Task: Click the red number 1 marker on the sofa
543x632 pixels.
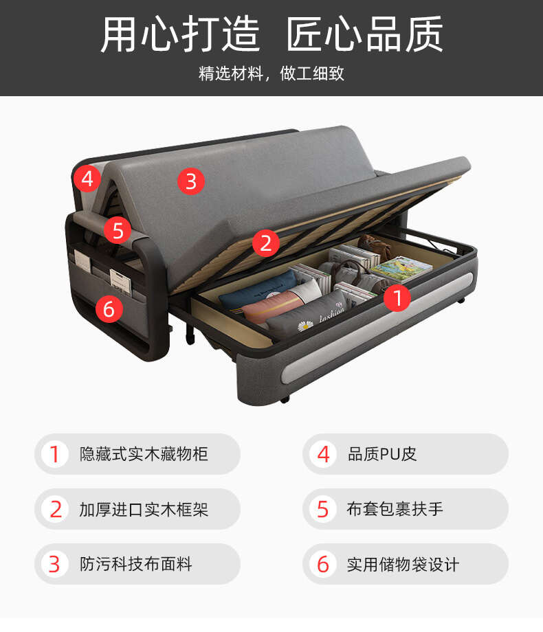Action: pyautogui.click(x=397, y=298)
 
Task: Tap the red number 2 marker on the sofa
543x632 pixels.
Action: pyautogui.click(x=266, y=243)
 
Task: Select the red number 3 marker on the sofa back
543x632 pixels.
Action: pyautogui.click(x=191, y=181)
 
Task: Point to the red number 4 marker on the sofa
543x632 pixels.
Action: pyautogui.click(x=87, y=178)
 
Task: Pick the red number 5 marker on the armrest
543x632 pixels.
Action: pyautogui.click(x=118, y=231)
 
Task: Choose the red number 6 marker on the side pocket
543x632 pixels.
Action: pyautogui.click(x=109, y=309)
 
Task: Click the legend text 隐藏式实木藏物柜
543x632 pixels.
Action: pyautogui.click(x=144, y=454)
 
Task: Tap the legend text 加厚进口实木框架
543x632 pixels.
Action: pyautogui.click(x=144, y=510)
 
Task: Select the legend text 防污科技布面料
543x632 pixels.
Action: pyautogui.click(x=135, y=564)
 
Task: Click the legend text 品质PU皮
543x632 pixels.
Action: pyautogui.click(x=382, y=454)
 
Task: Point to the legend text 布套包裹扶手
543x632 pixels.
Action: pyautogui.click(x=395, y=508)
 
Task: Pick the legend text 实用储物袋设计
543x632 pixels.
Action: pyautogui.click(x=403, y=564)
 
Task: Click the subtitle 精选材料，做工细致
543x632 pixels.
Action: pyautogui.click(x=271, y=74)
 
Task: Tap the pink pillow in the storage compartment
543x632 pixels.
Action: pyautogui.click(x=271, y=307)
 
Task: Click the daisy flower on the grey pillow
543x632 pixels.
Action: pyautogui.click(x=305, y=325)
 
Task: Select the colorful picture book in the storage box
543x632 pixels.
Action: pyautogui.click(x=401, y=268)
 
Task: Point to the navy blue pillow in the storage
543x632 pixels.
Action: pyautogui.click(x=257, y=290)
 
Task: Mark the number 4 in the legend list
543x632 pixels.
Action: pyautogui.click(x=324, y=454)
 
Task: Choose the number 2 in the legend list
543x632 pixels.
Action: pyautogui.click(x=56, y=510)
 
